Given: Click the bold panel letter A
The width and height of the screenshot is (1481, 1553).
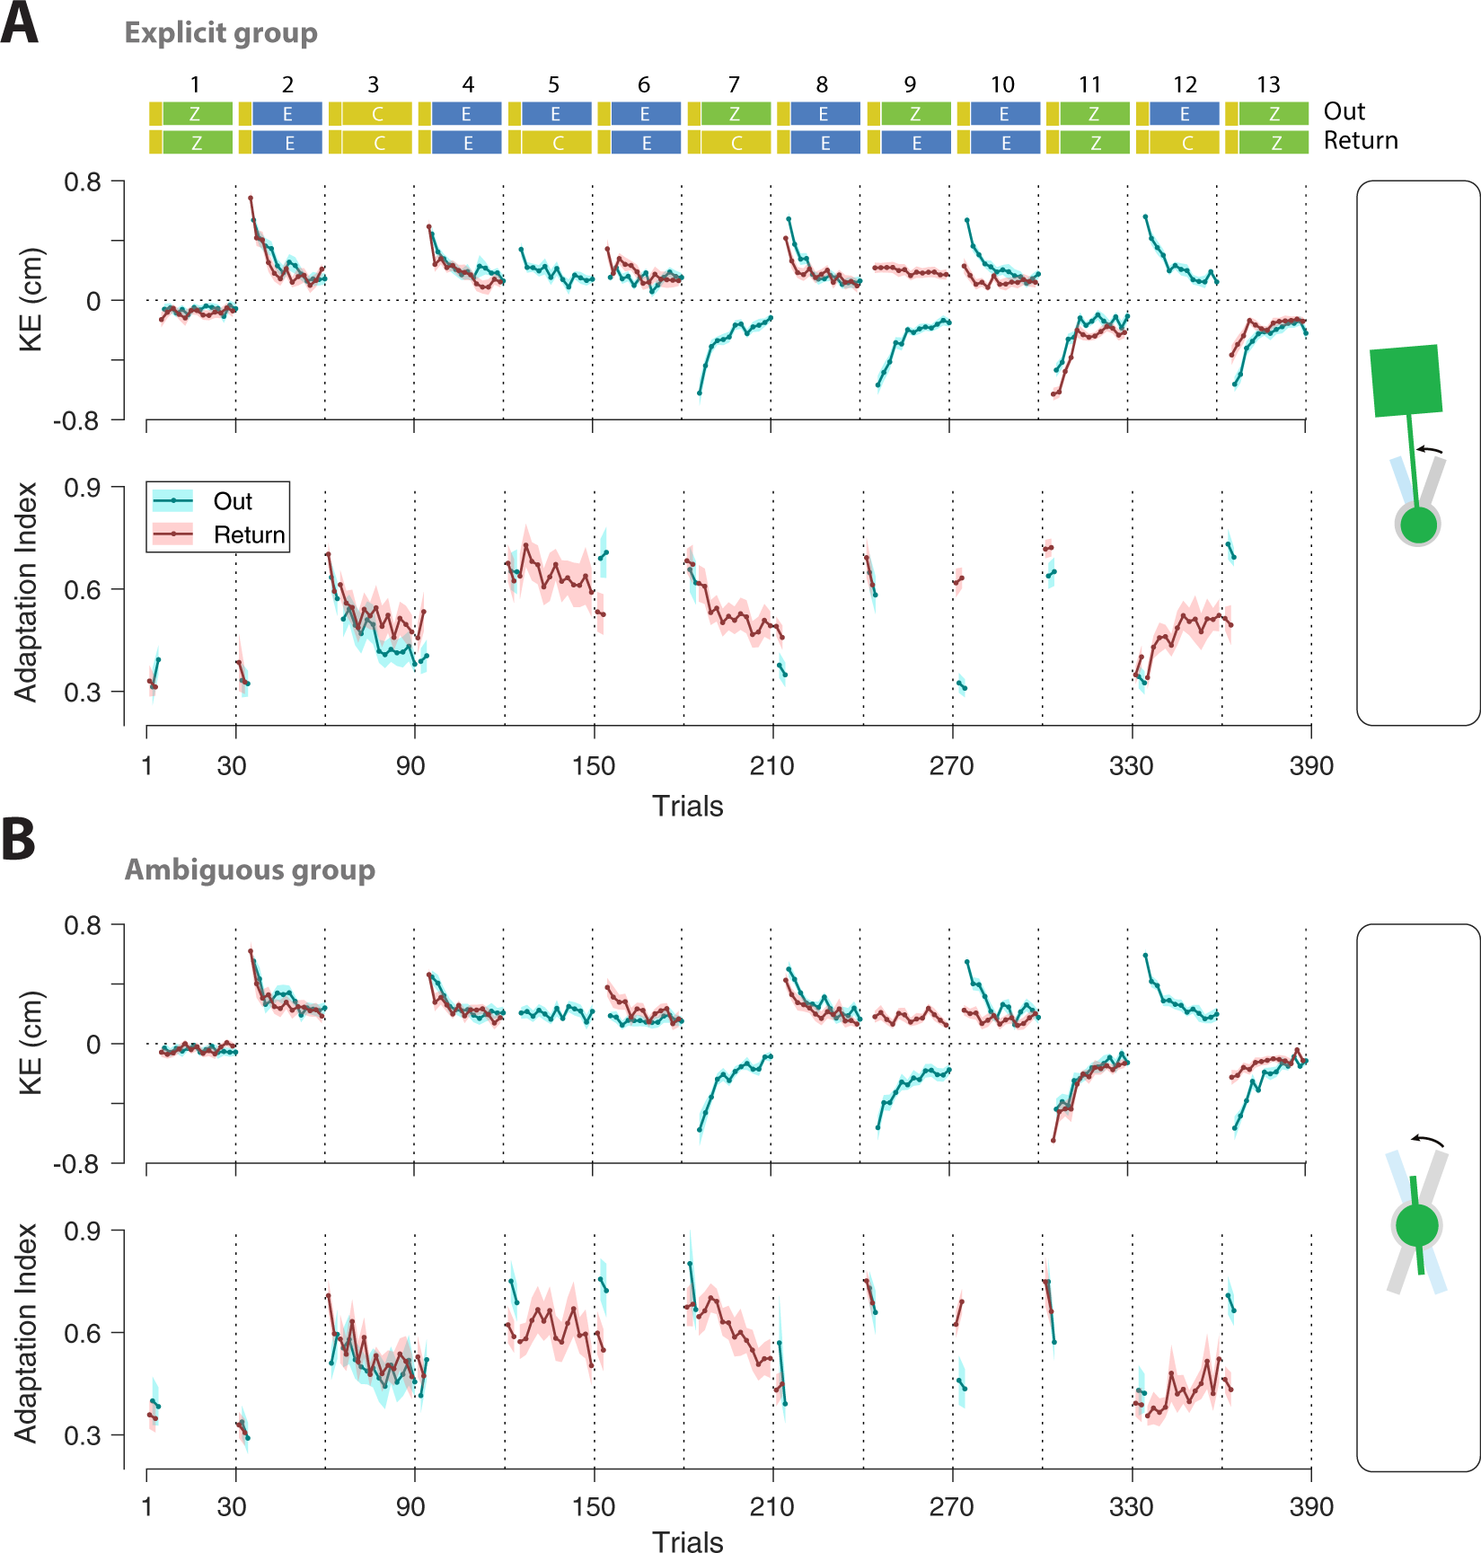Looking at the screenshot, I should [x=20, y=24].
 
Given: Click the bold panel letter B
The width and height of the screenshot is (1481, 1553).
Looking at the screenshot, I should [x=19, y=839].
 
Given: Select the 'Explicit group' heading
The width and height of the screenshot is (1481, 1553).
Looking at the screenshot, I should [x=221, y=33].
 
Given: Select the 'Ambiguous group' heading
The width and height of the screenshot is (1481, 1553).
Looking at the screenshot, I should [x=250, y=869].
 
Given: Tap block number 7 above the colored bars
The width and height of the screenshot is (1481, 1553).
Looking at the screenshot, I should [x=734, y=85].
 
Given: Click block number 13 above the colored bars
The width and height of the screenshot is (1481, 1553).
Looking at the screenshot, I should [x=1267, y=85].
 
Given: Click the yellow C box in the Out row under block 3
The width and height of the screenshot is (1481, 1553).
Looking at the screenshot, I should [x=377, y=114].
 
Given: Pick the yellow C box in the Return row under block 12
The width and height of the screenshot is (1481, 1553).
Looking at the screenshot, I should [x=1186, y=143].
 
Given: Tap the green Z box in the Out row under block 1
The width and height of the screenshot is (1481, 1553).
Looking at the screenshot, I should [x=196, y=114].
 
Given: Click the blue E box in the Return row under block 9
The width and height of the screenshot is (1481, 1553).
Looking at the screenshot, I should [x=915, y=143].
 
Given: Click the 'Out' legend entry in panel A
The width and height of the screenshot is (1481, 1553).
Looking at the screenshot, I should [x=232, y=501].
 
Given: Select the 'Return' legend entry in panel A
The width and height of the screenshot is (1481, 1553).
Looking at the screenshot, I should [x=249, y=535].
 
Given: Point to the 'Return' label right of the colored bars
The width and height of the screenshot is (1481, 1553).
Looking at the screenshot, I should [x=1360, y=141].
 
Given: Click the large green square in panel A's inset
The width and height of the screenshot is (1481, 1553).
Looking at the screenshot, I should [x=1406, y=381].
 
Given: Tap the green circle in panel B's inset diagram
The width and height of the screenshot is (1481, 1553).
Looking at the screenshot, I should [x=1417, y=1225].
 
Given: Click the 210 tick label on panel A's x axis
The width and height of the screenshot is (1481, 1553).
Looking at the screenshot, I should [x=771, y=766].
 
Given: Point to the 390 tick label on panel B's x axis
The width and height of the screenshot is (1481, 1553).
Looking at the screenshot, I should [x=1310, y=1507].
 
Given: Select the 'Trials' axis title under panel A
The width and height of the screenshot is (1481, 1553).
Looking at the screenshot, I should [x=687, y=806].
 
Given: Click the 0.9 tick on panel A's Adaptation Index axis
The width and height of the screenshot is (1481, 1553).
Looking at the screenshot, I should [x=82, y=488].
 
